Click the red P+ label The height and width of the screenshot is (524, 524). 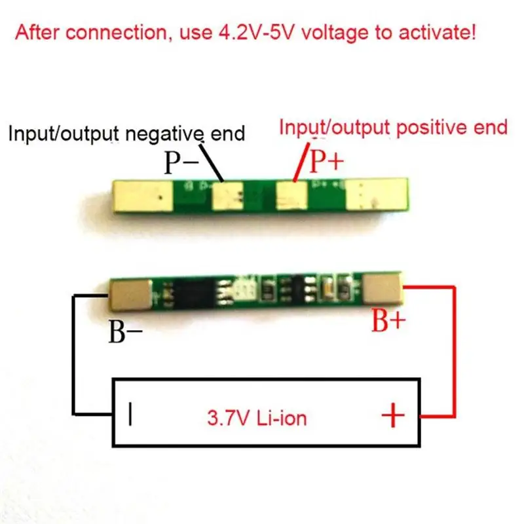click(326, 161)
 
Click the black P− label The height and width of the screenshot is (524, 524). click(181, 162)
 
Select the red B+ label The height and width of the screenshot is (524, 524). click(390, 322)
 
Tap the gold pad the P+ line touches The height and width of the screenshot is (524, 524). click(291, 195)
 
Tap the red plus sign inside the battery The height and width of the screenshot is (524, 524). click(393, 415)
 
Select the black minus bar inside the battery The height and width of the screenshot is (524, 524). click(132, 415)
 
